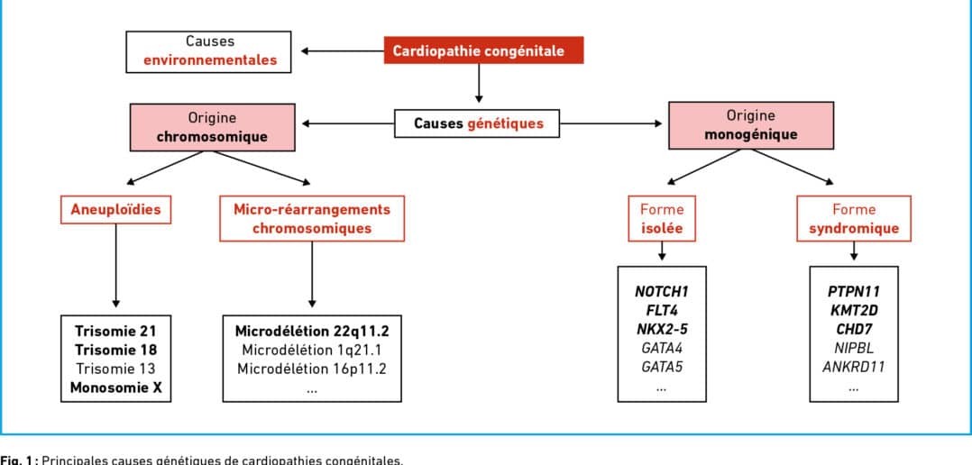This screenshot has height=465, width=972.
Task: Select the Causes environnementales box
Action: point(209,51)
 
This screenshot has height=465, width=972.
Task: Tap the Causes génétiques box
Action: point(477,123)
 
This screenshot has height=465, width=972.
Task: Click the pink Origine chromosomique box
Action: point(213,127)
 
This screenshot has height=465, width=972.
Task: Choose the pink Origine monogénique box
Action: point(751,125)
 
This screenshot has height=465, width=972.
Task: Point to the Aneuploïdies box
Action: point(115,209)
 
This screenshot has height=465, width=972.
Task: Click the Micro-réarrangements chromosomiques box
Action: point(312,219)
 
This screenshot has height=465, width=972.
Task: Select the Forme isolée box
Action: point(662,219)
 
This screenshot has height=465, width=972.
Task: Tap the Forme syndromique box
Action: point(854,219)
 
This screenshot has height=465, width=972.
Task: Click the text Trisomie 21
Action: point(116,331)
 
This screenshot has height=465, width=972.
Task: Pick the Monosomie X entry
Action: point(116,388)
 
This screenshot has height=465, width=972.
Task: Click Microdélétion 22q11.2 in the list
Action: point(312,331)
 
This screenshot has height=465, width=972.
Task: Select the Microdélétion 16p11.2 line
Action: point(312,369)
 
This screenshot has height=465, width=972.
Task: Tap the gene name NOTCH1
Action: point(662,291)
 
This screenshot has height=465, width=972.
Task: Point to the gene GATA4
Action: point(662,348)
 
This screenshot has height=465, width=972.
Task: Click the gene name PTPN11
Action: point(854,291)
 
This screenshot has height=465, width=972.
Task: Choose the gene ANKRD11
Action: point(854,367)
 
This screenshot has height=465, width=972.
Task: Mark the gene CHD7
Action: point(854,329)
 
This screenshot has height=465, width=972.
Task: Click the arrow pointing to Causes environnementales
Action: point(343,50)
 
